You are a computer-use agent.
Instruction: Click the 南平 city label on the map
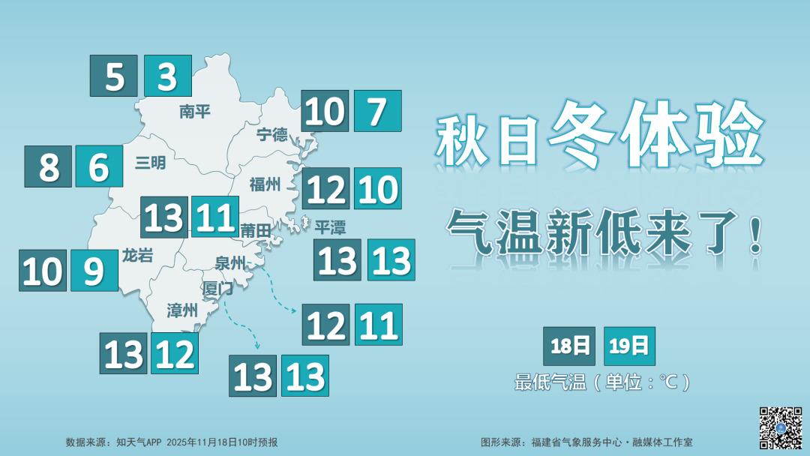click(194, 112)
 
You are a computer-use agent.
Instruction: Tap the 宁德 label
click(271, 134)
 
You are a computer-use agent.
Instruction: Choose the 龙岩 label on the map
click(137, 256)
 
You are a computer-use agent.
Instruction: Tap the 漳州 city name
click(182, 310)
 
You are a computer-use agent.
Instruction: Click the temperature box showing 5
click(114, 76)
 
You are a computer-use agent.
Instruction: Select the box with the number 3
click(167, 76)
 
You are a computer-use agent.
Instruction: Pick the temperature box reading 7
click(377, 111)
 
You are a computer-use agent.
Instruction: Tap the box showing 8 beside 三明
click(48, 166)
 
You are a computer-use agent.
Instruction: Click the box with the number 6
click(99, 166)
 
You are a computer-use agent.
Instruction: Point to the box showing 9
click(94, 271)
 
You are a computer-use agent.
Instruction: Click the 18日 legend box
click(569, 346)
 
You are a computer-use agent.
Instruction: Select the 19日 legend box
click(628, 346)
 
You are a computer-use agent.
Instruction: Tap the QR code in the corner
click(781, 427)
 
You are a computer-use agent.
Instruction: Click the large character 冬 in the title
click(582, 134)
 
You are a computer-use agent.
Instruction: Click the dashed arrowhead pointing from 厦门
click(256, 346)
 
